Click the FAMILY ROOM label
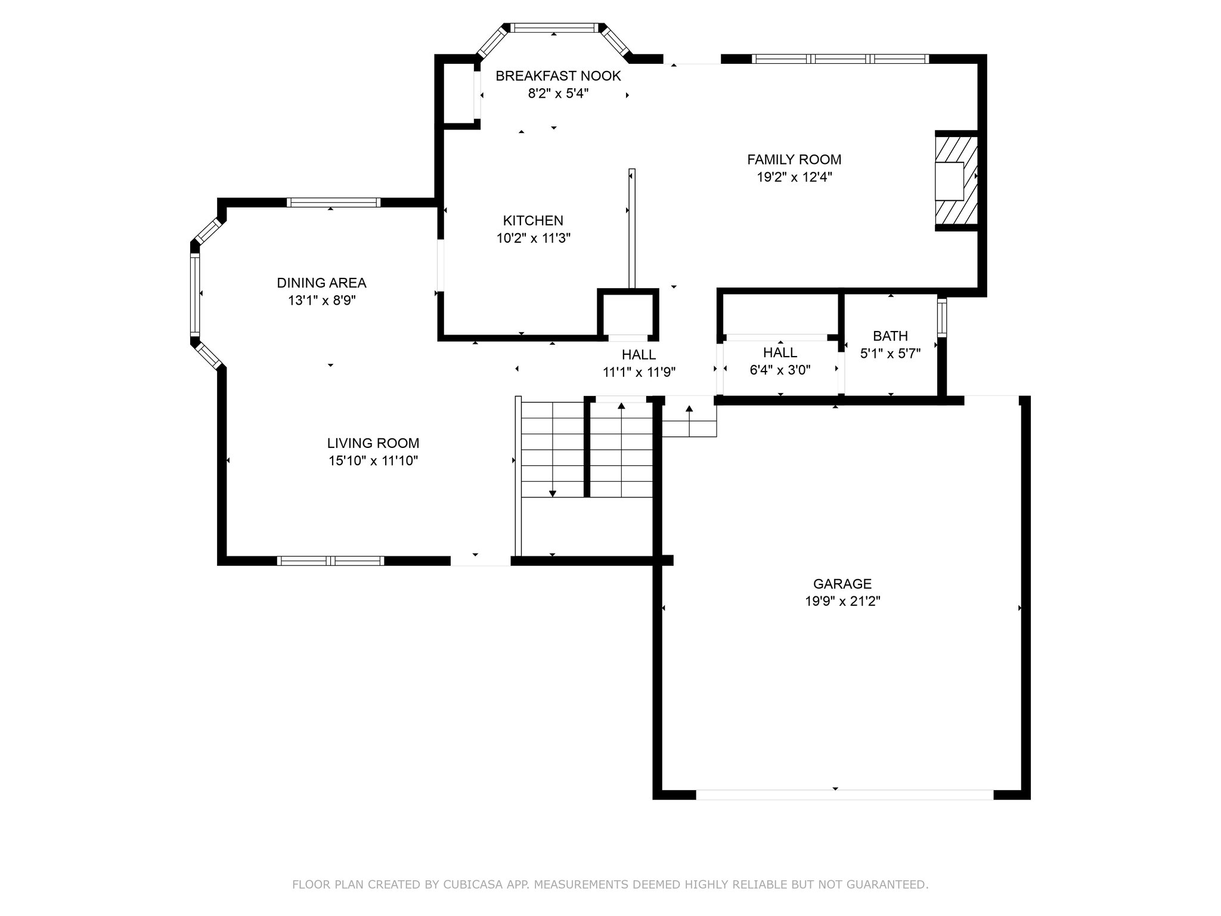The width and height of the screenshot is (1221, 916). (x=794, y=160)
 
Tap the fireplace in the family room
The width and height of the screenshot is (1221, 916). (x=956, y=181)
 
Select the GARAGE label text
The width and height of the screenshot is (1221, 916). (x=842, y=584)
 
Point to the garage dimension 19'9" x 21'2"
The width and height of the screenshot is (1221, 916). (x=842, y=601)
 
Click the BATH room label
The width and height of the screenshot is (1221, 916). (x=890, y=336)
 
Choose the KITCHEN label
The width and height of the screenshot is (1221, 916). (x=533, y=221)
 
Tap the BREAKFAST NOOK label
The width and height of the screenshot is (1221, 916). (x=558, y=76)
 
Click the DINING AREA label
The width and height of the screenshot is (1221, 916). (x=321, y=283)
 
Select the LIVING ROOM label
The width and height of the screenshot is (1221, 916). (x=373, y=443)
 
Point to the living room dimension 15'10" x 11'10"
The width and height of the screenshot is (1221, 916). (x=373, y=460)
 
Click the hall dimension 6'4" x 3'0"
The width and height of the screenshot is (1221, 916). (x=780, y=370)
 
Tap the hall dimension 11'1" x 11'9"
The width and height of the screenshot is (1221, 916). (x=639, y=372)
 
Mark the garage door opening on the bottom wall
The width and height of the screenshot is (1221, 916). (x=845, y=794)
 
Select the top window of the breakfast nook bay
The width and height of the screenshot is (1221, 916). (x=554, y=27)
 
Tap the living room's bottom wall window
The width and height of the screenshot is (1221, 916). (x=330, y=561)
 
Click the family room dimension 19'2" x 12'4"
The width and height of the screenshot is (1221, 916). (x=794, y=177)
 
